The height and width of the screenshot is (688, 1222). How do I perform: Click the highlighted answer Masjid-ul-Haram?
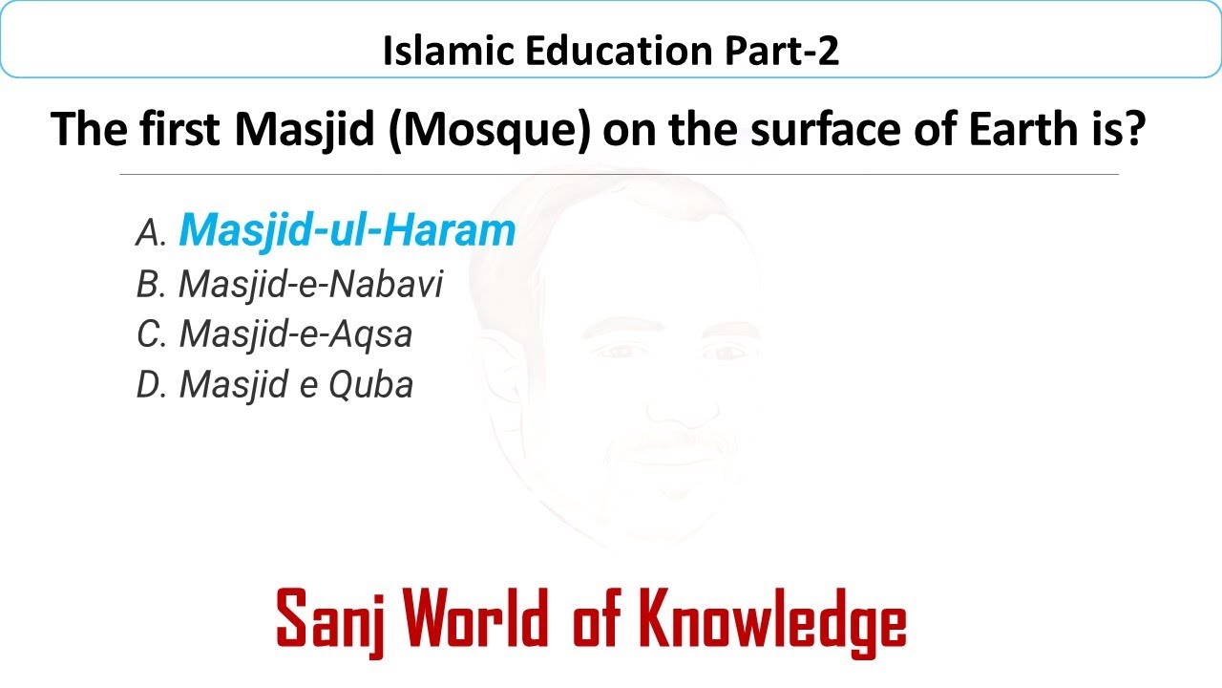point(348,230)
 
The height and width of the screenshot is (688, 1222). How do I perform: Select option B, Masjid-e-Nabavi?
point(311,284)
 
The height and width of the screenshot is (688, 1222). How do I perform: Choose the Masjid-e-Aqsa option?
point(296,334)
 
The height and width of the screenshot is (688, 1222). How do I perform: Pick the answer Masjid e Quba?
point(296,385)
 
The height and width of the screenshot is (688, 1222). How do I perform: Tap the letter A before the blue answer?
point(151,232)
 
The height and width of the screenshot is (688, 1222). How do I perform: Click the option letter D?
point(151,386)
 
